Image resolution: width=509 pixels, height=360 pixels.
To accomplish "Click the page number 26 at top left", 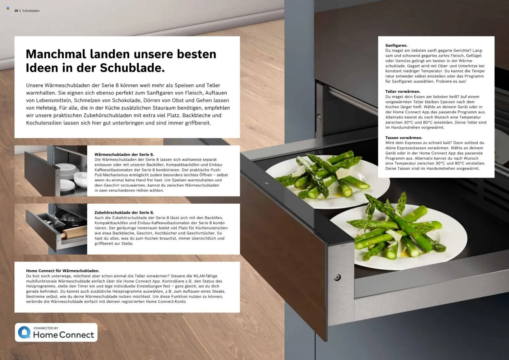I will [16, 11].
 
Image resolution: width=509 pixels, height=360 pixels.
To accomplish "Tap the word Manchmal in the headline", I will [55, 54].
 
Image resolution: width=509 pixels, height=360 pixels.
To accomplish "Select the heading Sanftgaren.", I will [396, 45].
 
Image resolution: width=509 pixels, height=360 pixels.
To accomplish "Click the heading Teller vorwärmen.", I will [403, 92].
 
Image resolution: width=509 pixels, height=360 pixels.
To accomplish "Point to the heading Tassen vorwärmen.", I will [404, 138].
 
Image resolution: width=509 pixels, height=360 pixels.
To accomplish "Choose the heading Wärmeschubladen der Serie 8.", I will [124, 154].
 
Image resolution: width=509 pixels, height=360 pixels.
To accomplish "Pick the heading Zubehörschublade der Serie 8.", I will [124, 213].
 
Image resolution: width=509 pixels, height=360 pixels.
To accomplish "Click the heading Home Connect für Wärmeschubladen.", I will [62, 271].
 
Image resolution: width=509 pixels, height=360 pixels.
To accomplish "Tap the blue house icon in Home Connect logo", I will [24, 332].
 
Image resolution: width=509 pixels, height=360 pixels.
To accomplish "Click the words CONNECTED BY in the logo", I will [46, 328].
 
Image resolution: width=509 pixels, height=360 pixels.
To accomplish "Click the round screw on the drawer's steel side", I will [337, 278].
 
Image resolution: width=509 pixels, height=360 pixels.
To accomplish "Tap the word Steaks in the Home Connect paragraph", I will [218, 291].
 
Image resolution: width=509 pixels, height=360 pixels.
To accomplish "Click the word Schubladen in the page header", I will [31, 11].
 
